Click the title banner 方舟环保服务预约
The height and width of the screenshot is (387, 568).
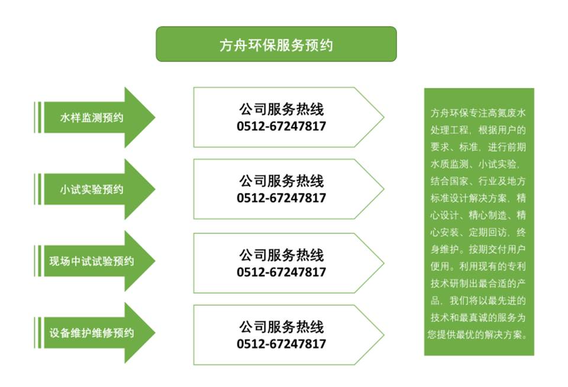pyautogui.click(x=276, y=44)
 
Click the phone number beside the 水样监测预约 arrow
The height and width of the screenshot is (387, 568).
pyautogui.click(x=282, y=126)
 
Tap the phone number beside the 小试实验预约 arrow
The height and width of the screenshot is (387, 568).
pyautogui.click(x=282, y=198)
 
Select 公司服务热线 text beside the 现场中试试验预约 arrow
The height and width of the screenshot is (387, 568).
pyautogui.click(x=282, y=255)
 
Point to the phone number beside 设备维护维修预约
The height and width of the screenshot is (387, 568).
pyautogui.click(x=282, y=344)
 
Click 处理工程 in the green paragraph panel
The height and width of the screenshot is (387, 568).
pyautogui.click(x=448, y=129)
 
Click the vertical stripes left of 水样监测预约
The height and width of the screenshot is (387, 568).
pyautogui.click(x=37, y=118)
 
